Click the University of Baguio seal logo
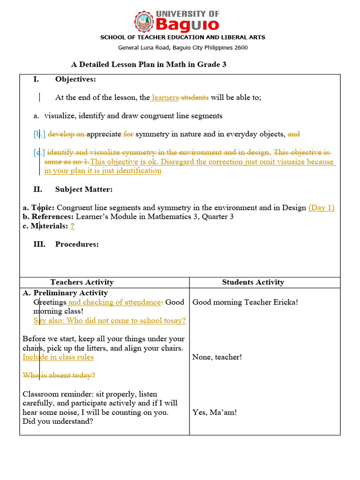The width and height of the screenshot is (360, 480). [143, 22]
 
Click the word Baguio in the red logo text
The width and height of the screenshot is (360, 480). [187, 24]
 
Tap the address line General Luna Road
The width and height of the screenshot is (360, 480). [183, 47]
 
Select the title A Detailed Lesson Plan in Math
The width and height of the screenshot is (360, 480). [148, 64]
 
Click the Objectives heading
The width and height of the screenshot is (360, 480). [75, 79]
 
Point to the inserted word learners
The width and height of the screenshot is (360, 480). [165, 97]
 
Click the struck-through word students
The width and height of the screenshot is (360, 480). [195, 97]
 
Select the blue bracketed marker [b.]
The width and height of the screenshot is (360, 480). [39, 134]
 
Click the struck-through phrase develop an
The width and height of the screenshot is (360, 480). [67, 134]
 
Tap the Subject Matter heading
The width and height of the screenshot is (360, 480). [83, 189]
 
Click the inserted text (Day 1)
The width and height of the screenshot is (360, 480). [321, 208]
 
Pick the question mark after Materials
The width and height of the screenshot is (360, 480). [73, 226]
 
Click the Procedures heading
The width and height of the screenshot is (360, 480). [77, 244]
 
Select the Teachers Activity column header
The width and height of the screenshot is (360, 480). [82, 282]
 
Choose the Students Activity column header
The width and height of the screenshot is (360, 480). [253, 282]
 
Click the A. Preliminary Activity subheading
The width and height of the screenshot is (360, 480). [65, 293]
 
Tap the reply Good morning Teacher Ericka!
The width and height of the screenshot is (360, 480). [245, 302]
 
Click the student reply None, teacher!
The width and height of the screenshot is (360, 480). [217, 358]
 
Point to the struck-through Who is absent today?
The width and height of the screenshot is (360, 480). [59, 375]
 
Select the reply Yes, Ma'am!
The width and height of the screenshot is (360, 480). [215, 412]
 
